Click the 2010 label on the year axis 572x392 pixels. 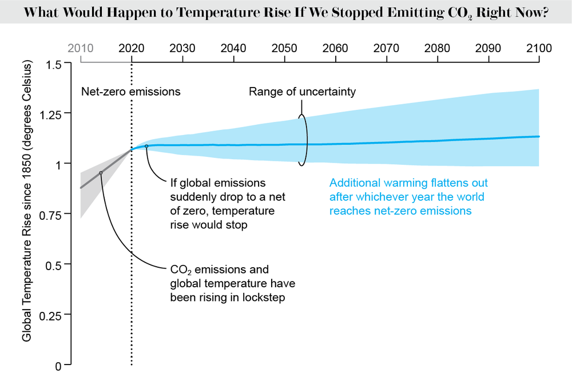pos(81,48)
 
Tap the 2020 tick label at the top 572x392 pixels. pos(132,48)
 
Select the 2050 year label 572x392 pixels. pos(284,48)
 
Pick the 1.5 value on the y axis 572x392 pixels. pos(55,64)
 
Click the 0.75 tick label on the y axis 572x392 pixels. pos(51,215)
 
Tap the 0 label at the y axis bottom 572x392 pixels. pos(59,365)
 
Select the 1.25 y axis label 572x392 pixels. pos(51,114)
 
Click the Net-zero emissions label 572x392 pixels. pos(131,92)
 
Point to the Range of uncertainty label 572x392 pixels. pos(302,92)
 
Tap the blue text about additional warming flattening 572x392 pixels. pos(408,197)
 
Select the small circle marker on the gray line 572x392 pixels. pos(101,172)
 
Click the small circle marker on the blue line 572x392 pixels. pos(146,146)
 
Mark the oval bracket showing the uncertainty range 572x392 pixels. pos(303,140)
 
